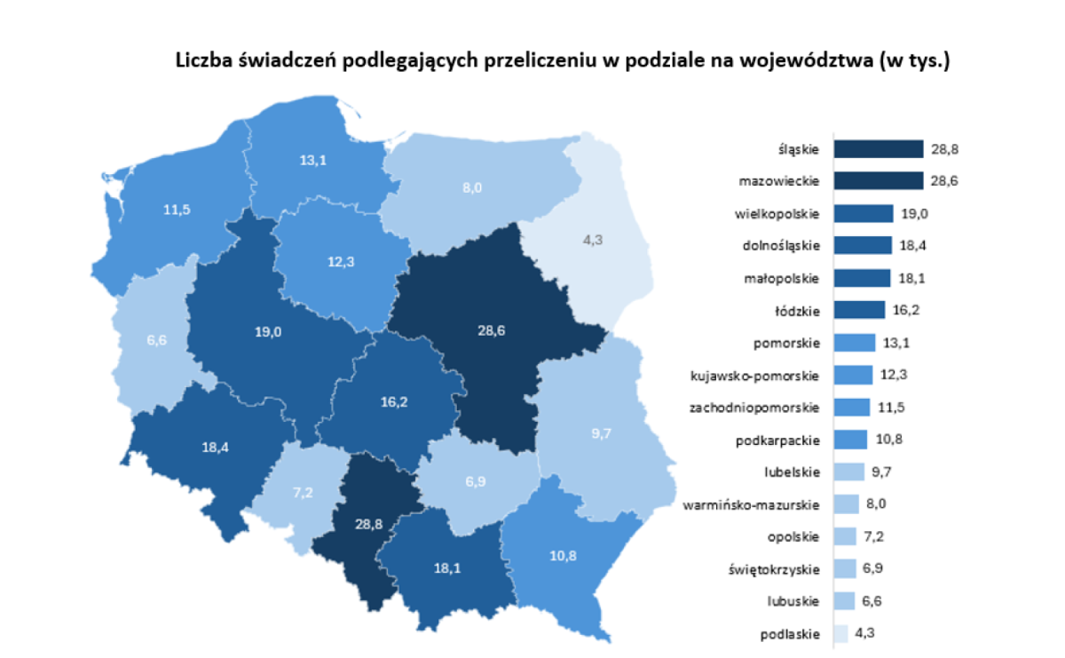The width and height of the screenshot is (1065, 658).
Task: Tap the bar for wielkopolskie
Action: pyautogui.click(x=864, y=213)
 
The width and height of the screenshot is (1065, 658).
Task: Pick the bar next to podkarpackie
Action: pyautogui.click(x=850, y=440)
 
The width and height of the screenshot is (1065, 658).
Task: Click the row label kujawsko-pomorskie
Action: pyautogui.click(x=754, y=376)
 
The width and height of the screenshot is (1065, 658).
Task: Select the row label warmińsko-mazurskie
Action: pyautogui.click(x=751, y=505)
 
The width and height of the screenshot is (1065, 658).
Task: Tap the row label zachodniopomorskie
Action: pyautogui.click(x=754, y=408)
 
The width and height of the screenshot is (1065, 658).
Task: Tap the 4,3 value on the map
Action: pyautogui.click(x=590, y=239)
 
